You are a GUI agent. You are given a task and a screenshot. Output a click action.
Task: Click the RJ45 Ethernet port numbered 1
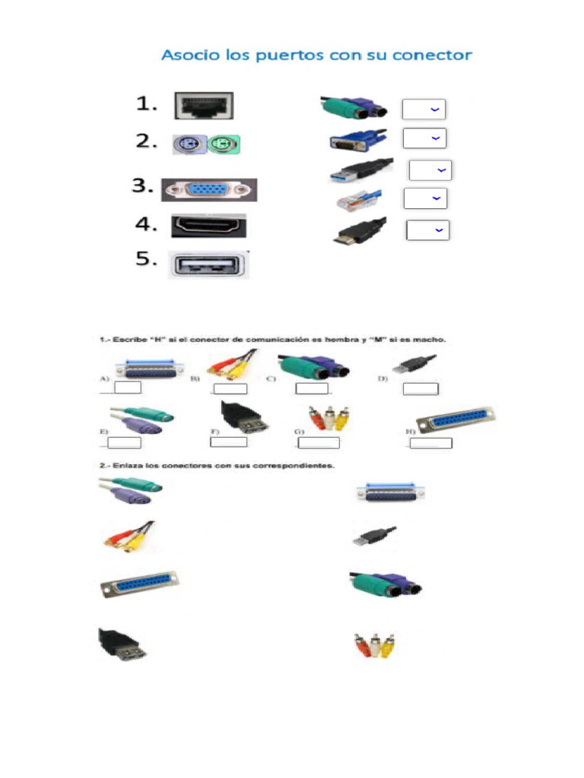[204, 106]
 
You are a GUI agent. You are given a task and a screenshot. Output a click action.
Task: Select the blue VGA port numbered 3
[209, 190]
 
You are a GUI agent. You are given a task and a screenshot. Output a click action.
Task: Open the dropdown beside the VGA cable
[424, 138]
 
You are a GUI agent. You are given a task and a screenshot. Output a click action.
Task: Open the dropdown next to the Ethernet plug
[425, 198]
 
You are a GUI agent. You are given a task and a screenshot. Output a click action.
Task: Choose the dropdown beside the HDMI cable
[427, 229]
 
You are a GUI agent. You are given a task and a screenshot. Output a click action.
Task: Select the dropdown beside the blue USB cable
[430, 170]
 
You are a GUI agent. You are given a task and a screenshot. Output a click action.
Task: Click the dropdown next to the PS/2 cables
[424, 109]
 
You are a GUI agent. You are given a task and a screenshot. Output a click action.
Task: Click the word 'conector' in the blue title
[433, 55]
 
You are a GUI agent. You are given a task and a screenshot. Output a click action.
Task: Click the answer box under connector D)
[421, 389]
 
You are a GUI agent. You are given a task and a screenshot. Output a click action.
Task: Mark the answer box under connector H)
[431, 443]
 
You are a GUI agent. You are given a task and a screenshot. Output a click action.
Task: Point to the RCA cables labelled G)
[329, 417]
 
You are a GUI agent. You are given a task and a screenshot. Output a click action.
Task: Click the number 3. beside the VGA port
[144, 187]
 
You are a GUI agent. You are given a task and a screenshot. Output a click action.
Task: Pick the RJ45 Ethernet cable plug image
[357, 201]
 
